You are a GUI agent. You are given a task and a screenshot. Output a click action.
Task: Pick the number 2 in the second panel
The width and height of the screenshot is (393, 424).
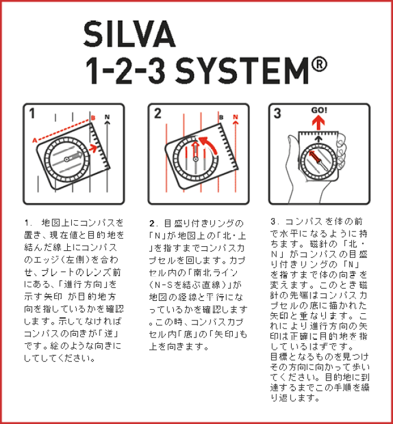pos(157,114)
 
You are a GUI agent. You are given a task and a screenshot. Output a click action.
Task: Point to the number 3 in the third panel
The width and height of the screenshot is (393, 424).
pos(279,114)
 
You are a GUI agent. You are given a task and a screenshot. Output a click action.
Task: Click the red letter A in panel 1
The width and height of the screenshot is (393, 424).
pos(34,140)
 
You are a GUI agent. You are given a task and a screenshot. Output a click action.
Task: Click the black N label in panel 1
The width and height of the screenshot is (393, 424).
pos(107,118)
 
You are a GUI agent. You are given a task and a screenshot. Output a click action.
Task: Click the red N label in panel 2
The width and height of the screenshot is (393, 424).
pos(236,117)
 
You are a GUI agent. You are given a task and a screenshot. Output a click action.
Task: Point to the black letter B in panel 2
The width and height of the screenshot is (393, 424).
pos(221,118)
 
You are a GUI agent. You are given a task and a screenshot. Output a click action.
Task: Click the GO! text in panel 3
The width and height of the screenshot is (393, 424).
pos(319,110)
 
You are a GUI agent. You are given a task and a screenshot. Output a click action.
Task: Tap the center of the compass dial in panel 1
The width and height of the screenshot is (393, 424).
pos(66,158)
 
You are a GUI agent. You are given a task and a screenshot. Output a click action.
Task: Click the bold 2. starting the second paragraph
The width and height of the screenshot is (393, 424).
pos(153,224)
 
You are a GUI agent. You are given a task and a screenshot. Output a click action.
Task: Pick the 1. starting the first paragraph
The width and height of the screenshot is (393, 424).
pos(28,223)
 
